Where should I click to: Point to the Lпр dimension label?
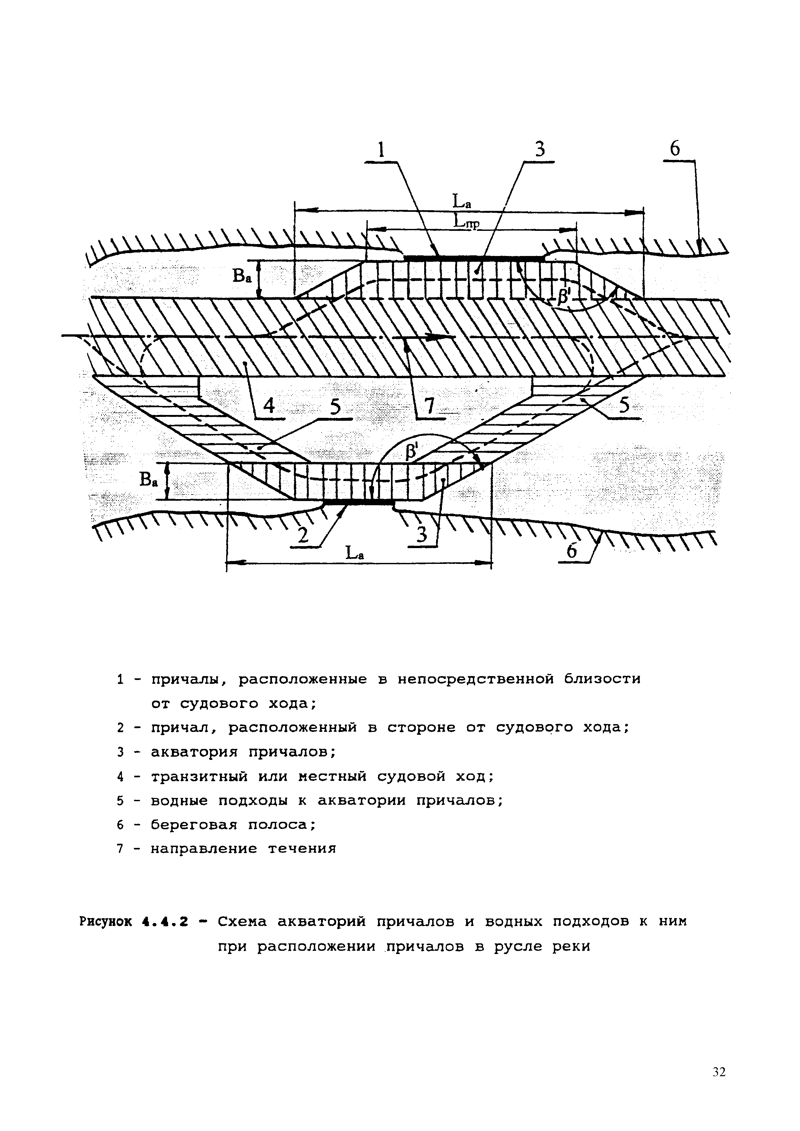[x=466, y=223]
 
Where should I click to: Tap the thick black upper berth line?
[x=473, y=257]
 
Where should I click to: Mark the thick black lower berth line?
[x=358, y=502]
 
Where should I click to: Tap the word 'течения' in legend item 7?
[x=302, y=849]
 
